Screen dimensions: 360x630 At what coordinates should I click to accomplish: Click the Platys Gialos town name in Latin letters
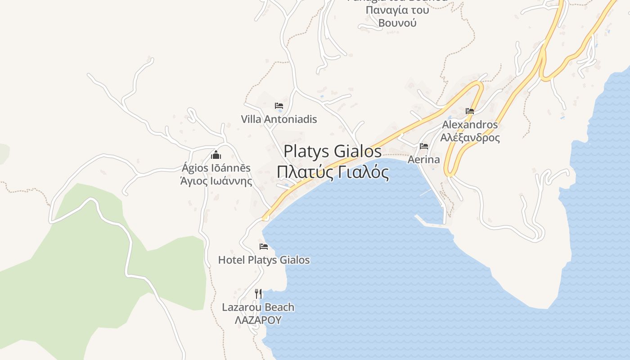(333, 151)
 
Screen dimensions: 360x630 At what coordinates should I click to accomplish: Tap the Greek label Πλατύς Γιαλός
(333, 172)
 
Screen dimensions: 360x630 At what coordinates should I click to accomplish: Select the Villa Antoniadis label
(279, 119)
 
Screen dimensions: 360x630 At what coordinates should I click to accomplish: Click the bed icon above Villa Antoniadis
(279, 106)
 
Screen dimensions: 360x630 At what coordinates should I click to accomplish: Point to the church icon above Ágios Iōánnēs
(216, 155)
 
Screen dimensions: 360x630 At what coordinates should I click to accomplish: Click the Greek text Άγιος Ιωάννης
(216, 181)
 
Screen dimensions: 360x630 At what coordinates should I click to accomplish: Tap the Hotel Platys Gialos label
(264, 260)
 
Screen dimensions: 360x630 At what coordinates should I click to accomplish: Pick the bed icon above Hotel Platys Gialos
(264, 247)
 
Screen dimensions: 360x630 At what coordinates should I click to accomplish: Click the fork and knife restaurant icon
(258, 294)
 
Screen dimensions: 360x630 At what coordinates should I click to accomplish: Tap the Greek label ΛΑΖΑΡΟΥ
(258, 320)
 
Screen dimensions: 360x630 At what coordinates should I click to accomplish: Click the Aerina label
(423, 160)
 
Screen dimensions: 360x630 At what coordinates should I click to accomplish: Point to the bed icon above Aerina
(423, 146)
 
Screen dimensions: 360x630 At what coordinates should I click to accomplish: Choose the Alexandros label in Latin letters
(470, 125)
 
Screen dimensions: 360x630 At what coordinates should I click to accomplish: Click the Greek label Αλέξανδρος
(470, 138)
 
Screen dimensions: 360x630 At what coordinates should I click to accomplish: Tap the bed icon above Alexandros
(470, 111)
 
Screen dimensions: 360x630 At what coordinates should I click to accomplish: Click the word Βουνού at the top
(397, 23)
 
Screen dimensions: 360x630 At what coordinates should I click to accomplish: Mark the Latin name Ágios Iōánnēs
(216, 168)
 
